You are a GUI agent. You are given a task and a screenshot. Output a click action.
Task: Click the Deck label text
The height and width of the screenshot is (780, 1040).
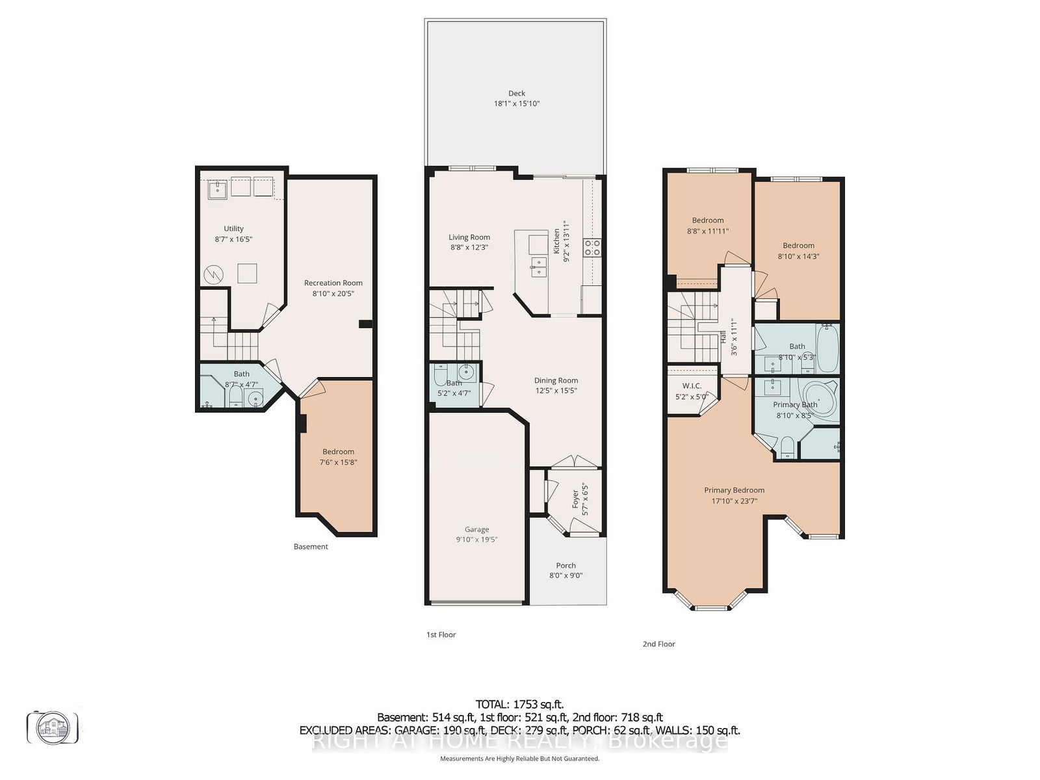(x=517, y=93)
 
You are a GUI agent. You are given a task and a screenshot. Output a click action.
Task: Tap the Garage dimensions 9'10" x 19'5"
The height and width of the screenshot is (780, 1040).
(x=476, y=539)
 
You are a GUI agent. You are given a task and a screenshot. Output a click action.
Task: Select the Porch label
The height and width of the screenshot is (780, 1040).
(x=565, y=565)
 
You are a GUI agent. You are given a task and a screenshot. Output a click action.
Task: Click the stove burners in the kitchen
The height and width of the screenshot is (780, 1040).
(x=592, y=247)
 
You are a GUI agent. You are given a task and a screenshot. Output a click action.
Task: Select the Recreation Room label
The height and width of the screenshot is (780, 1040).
(x=333, y=283)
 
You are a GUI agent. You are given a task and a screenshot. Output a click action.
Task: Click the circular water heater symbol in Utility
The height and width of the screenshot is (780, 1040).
(x=213, y=275)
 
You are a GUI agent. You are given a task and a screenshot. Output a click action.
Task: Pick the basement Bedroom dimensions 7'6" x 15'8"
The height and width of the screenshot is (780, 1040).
(x=338, y=462)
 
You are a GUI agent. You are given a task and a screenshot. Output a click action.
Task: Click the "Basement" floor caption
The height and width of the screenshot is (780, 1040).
(x=311, y=547)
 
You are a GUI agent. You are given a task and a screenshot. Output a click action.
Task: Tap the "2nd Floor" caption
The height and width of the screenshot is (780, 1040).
(x=658, y=643)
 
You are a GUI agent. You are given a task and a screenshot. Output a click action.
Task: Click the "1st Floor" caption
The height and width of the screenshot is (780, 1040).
(x=441, y=634)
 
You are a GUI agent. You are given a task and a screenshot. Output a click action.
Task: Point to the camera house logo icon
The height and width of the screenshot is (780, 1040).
(x=53, y=727)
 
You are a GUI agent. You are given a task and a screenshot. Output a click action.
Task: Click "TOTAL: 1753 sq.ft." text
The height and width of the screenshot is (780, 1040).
(x=519, y=704)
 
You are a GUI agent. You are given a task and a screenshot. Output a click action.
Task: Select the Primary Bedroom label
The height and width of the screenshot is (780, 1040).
(x=734, y=490)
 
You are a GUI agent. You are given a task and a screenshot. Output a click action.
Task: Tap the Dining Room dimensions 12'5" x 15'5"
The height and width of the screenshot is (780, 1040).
(x=556, y=391)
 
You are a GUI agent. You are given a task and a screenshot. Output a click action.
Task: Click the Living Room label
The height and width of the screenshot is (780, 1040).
(x=469, y=237)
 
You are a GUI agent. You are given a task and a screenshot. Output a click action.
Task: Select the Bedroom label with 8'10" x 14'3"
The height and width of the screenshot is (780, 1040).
(x=798, y=245)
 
